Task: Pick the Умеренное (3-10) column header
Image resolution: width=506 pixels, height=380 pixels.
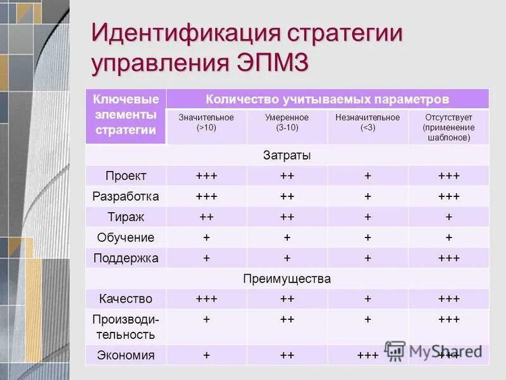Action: point(287,122)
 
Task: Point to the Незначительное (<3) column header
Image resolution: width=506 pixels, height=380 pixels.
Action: point(367,122)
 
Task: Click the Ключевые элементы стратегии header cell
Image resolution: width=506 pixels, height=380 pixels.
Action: point(126,115)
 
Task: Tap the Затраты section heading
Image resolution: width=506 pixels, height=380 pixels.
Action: point(287,155)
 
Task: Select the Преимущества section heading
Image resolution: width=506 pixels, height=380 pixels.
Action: point(287,279)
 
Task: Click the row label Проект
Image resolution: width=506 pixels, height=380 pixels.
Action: point(126,176)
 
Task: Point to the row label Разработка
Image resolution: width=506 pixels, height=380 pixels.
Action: point(126,196)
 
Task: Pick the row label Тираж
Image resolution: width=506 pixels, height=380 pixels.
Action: point(126,217)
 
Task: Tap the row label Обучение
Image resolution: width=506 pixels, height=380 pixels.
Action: point(126,237)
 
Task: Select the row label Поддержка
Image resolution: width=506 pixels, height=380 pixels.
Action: point(126,258)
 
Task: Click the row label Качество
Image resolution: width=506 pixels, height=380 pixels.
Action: point(126,299)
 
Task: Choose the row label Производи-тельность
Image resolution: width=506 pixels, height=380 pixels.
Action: point(126,327)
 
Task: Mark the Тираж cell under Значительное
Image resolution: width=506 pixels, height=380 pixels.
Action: point(206,217)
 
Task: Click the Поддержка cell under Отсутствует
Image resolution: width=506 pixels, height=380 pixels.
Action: point(448,258)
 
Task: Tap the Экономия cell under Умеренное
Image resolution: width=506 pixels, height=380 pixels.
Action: point(287,355)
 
